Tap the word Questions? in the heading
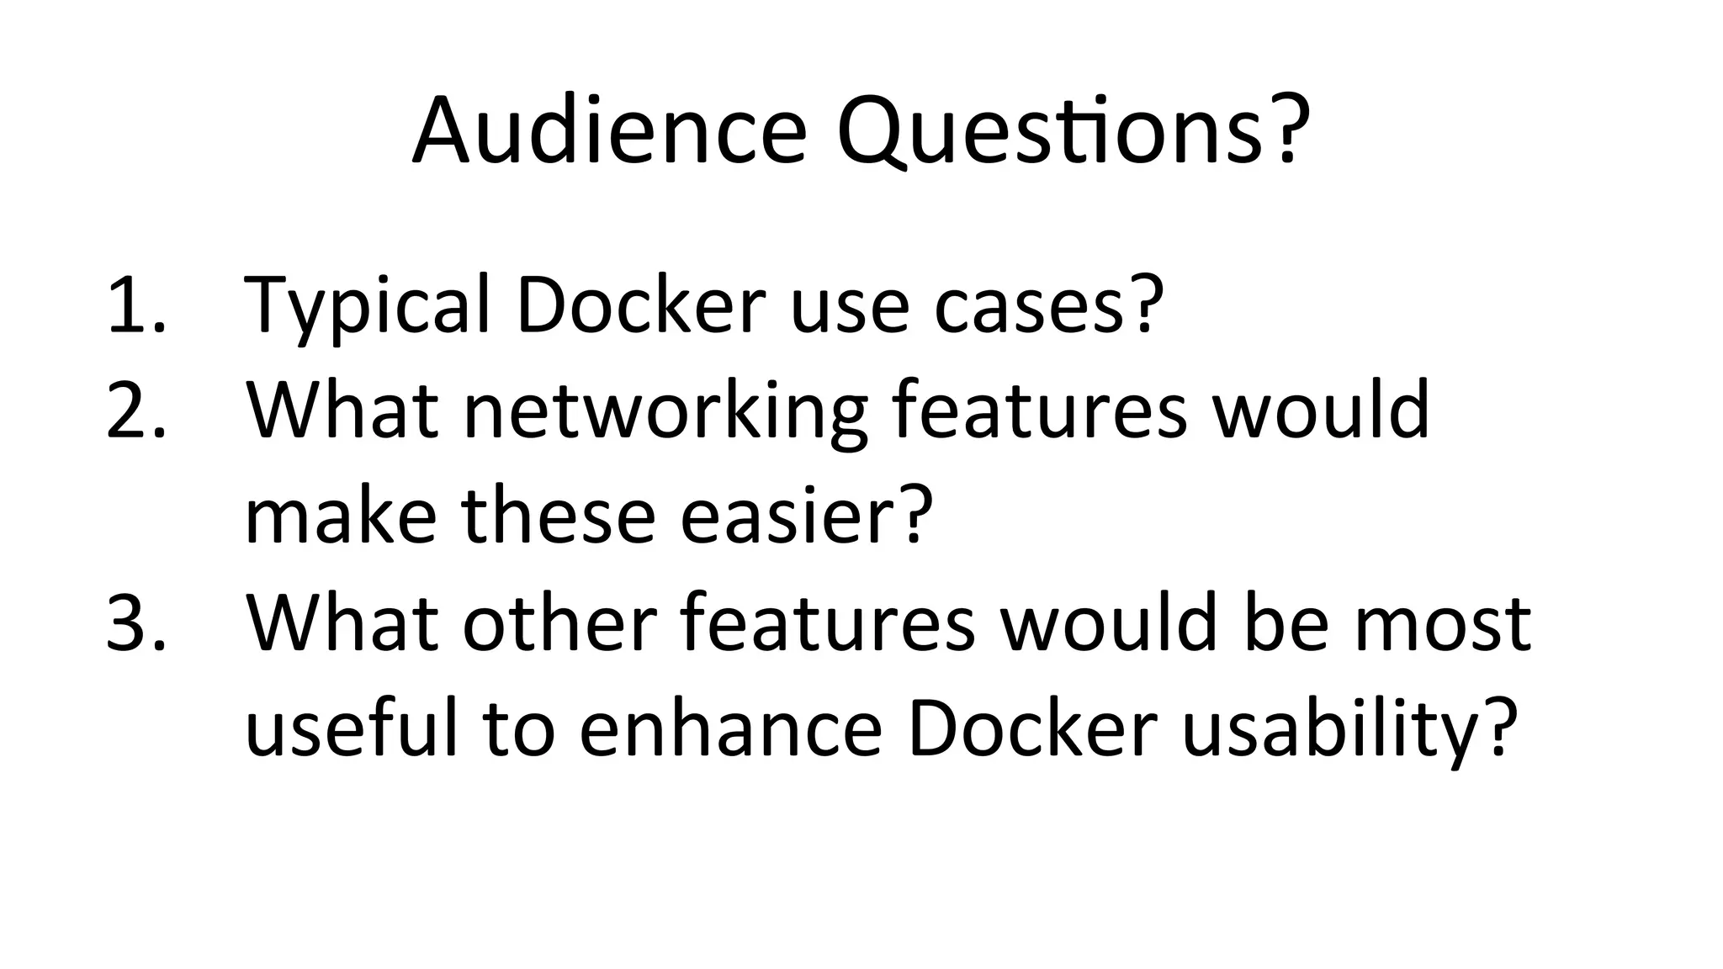pos(1074,132)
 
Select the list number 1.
pos(135,304)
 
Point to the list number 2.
pos(135,410)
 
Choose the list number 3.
pos(135,623)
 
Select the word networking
pos(665,412)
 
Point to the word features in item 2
pos(1039,410)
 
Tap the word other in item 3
pos(559,623)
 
